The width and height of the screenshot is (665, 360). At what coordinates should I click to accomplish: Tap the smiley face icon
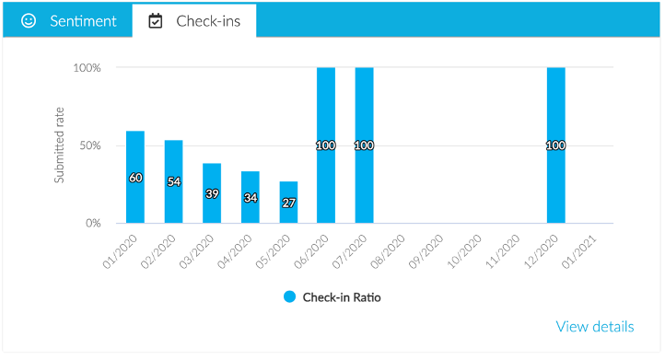coord(29,20)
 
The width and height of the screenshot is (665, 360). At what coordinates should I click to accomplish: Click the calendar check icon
coord(156,20)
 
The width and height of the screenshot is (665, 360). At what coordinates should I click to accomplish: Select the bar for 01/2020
coord(135,177)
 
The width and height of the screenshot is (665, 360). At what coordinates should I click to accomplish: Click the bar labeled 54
coord(174,181)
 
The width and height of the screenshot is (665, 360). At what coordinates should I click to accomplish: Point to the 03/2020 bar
coord(212,193)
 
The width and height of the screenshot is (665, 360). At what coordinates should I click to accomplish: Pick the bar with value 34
coord(251,197)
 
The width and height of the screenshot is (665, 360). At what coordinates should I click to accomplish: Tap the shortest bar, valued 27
coord(288,203)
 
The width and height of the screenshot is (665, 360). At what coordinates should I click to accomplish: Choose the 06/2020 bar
coord(326,145)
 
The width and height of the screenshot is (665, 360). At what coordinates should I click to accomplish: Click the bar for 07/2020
coord(364,145)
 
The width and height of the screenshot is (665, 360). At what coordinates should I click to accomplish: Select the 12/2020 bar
coord(555,145)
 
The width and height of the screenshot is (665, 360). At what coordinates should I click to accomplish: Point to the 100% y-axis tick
coord(87,68)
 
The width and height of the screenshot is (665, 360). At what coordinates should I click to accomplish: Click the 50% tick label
coord(89,145)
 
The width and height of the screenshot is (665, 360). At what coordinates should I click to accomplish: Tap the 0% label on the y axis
coord(93,223)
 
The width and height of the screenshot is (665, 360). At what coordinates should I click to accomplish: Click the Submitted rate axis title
coord(60,145)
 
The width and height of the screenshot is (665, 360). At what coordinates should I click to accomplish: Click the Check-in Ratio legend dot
coord(289,296)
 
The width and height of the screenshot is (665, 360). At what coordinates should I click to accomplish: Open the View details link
coord(595,327)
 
